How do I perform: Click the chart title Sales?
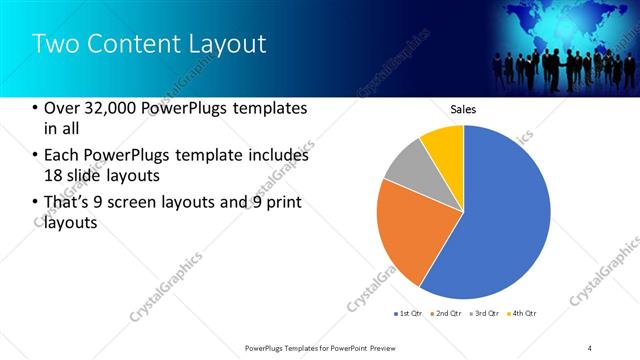[463, 109]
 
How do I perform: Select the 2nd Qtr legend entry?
[446, 314]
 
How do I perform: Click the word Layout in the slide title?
[229, 44]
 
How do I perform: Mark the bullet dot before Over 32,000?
[36, 108]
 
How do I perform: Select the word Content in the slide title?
[134, 44]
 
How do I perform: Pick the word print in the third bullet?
[283, 203]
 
